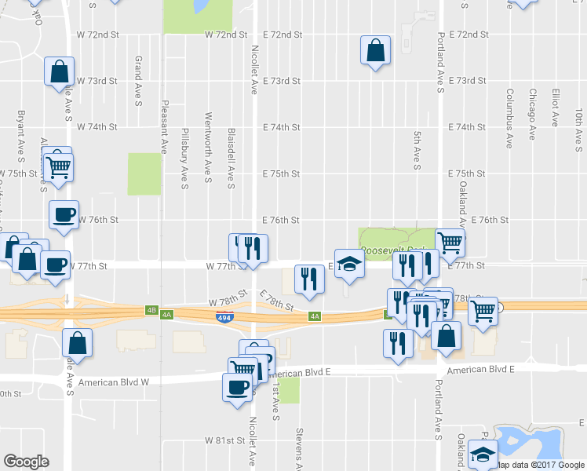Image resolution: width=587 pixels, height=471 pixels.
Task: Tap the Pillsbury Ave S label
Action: (x=185, y=159)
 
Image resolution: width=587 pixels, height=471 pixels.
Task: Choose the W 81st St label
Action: (x=226, y=441)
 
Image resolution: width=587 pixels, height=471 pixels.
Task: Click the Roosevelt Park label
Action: (x=396, y=251)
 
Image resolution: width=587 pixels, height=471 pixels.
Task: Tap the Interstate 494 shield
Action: (x=224, y=316)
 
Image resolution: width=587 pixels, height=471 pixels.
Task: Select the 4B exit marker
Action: (x=151, y=310)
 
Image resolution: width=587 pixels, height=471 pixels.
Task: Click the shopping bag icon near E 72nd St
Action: (x=376, y=52)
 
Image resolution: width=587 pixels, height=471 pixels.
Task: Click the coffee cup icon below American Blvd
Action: (x=238, y=386)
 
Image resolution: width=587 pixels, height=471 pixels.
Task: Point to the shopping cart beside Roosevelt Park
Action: (x=450, y=243)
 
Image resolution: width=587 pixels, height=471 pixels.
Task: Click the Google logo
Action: (x=26, y=462)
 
